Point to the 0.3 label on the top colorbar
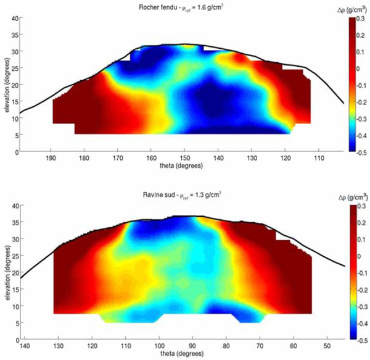tap(363, 20)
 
